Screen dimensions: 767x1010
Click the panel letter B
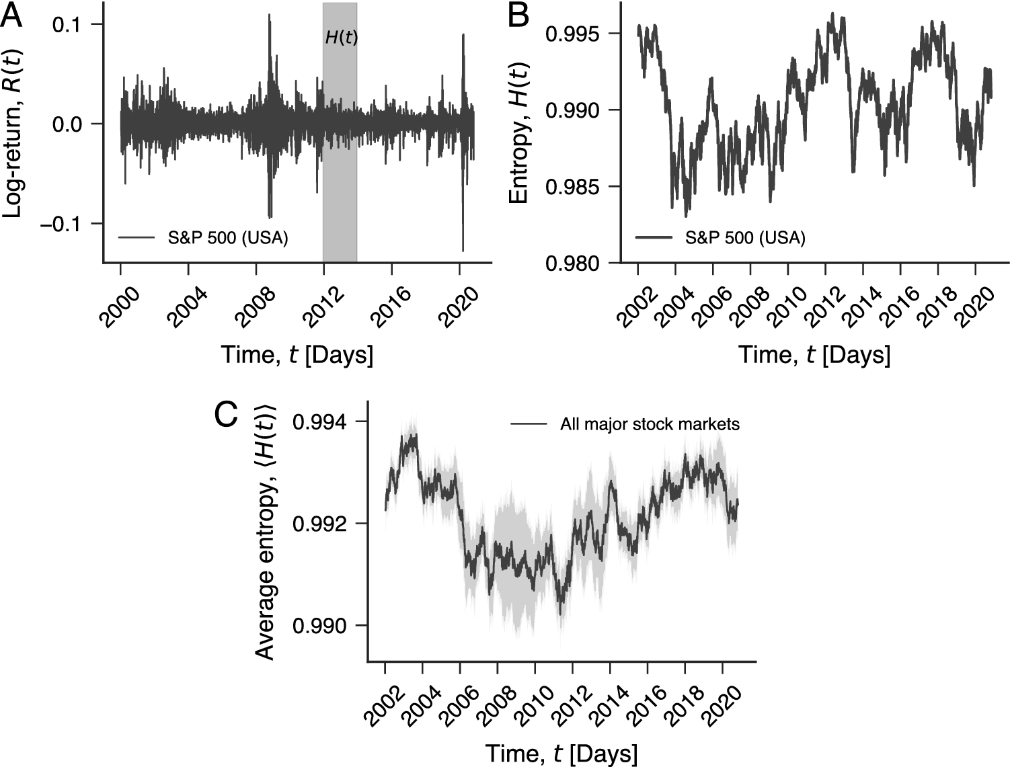coord(518,15)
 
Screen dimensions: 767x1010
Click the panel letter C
coord(226,415)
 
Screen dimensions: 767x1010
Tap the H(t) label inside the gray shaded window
coord(341,38)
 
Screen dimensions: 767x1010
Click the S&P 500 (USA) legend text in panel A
coord(228,238)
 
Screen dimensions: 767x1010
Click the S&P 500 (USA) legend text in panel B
coord(745,238)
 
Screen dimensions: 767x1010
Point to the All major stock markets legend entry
coord(650,424)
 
